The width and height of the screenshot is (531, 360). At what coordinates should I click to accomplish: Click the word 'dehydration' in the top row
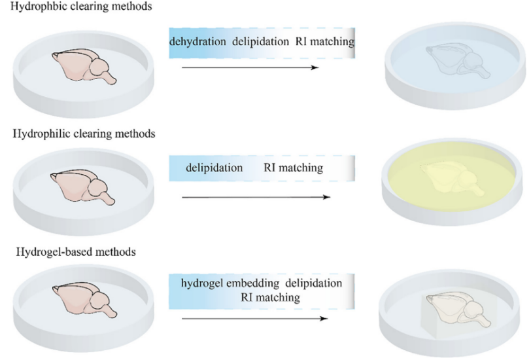tap(199, 43)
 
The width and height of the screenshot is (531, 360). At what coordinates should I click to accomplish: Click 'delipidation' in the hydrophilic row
tap(214, 168)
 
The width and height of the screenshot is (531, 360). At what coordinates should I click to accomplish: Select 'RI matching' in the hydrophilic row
tap(293, 168)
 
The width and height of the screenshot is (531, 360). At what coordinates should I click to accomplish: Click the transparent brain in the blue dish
tap(458, 61)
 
